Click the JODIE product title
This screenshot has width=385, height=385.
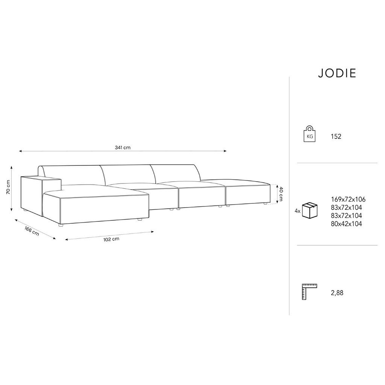337,73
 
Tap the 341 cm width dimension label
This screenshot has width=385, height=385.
123,147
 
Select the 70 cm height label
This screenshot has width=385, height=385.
8,187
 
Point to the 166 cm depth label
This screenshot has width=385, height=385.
32,231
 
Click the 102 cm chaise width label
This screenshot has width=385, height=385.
111,239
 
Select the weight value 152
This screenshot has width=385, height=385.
336,136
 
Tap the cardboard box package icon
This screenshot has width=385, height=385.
310,211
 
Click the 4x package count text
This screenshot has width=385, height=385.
298,211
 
